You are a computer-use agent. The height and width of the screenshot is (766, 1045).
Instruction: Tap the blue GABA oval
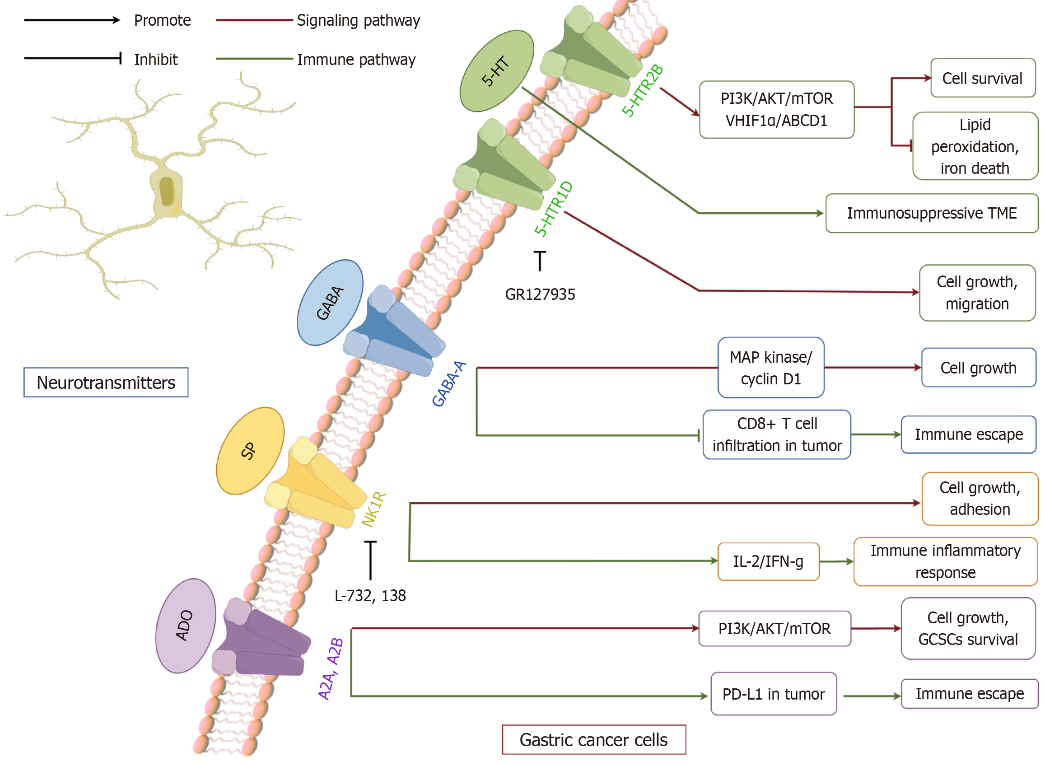(330, 303)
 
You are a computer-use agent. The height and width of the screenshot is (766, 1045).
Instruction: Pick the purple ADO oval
(185, 626)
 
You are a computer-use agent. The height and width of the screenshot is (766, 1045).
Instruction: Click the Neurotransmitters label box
(106, 383)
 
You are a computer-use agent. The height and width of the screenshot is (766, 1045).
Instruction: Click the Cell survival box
(982, 78)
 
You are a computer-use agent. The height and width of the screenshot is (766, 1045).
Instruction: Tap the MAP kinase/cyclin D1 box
(770, 368)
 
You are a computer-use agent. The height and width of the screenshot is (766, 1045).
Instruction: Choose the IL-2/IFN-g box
(768, 561)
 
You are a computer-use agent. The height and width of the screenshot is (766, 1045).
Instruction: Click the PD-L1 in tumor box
(773, 694)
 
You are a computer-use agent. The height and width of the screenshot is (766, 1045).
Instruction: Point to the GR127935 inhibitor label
(540, 294)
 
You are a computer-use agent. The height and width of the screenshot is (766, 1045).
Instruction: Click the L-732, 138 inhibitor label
(370, 595)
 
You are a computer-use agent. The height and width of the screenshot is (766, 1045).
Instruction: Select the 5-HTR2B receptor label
(642, 90)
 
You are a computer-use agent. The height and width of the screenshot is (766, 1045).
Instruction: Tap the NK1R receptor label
(373, 509)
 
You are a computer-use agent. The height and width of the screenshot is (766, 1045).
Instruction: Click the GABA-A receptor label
(448, 384)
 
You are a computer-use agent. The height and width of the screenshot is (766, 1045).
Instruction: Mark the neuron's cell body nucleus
(167, 191)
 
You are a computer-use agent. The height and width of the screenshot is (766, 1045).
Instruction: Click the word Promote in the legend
(162, 20)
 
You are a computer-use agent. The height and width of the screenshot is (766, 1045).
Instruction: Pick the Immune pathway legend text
(356, 60)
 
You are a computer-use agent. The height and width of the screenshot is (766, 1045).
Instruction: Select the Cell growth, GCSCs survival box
(968, 628)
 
